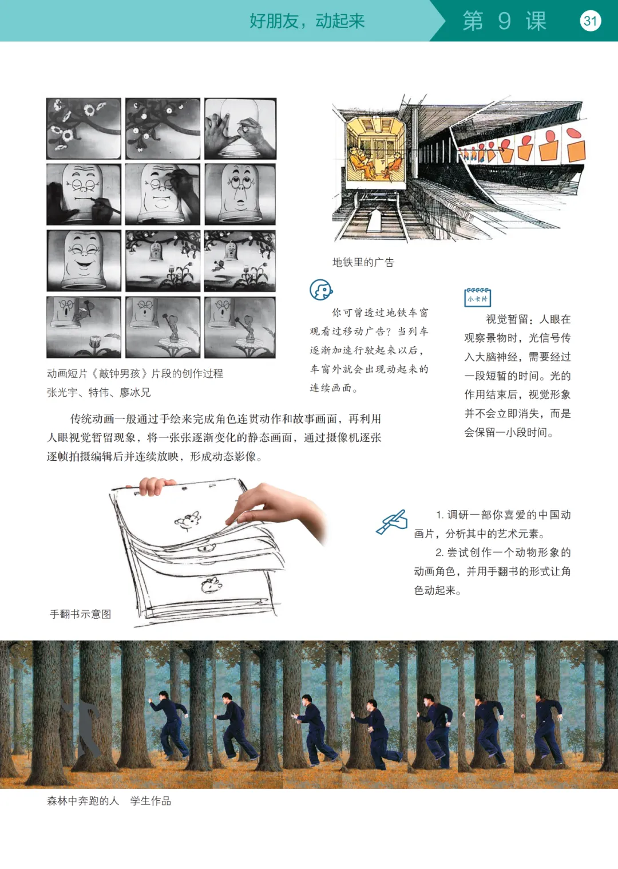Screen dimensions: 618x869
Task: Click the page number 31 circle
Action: pyautogui.click(x=590, y=21)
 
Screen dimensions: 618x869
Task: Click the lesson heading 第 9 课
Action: pyautogui.click(x=504, y=21)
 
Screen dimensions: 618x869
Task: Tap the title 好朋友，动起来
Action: pyautogui.click(x=307, y=21)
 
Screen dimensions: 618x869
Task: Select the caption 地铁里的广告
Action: pyautogui.click(x=363, y=262)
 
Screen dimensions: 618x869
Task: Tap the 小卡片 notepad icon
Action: pyautogui.click(x=478, y=297)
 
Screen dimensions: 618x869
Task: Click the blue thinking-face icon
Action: pyautogui.click(x=321, y=290)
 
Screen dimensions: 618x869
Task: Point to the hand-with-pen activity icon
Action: pyautogui.click(x=392, y=522)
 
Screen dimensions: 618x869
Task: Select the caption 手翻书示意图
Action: pyautogui.click(x=81, y=614)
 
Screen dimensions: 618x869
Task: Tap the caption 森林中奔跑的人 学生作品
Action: pyautogui.click(x=109, y=801)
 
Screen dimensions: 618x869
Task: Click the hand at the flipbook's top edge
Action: pyautogui.click(x=156, y=486)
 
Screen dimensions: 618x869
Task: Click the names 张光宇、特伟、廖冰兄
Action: pyautogui.click(x=99, y=392)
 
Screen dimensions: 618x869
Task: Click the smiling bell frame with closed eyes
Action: pyautogui.click(x=84, y=260)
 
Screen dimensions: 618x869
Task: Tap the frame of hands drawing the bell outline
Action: pyautogui.click(x=240, y=128)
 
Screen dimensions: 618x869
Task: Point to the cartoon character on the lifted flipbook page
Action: pyautogui.click(x=188, y=520)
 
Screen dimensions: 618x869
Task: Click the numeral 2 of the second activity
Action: pyautogui.click(x=439, y=552)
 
